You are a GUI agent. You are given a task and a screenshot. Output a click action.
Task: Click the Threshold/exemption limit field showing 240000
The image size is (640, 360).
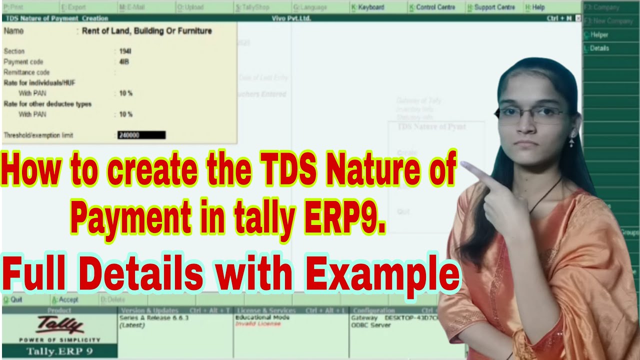[141, 135]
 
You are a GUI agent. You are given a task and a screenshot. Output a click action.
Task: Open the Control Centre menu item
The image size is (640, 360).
[432, 7]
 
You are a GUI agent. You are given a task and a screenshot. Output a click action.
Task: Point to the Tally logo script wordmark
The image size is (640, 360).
[59, 325]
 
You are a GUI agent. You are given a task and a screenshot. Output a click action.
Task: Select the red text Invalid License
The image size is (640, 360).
[258, 324]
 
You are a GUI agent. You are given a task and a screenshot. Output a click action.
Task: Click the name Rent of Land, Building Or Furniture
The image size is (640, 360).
[147, 31]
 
